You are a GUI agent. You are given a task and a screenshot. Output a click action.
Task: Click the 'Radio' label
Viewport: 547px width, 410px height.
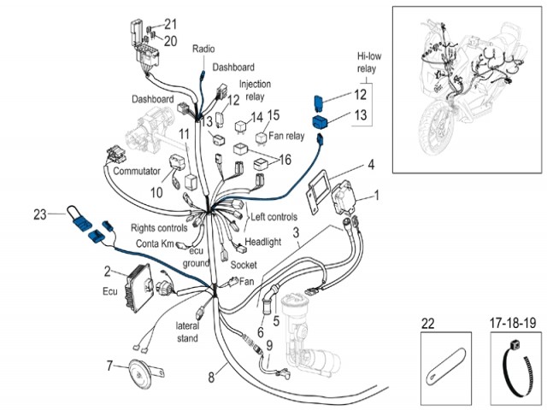204,50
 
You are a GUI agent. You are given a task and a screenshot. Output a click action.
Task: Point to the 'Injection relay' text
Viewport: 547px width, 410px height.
254,90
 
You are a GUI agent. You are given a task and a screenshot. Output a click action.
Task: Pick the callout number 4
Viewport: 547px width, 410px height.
371,164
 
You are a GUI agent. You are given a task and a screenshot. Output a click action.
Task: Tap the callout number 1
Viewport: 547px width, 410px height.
378,195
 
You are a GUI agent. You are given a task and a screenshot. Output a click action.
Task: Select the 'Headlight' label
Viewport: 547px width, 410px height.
263,242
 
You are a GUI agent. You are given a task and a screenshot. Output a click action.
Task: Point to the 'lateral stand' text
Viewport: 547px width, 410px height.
187,332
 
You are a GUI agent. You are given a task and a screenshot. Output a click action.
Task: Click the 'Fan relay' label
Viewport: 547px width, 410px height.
286,135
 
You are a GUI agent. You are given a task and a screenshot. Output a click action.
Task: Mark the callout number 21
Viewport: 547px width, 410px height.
171,23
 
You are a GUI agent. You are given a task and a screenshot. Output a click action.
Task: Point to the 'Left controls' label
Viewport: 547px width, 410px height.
272,216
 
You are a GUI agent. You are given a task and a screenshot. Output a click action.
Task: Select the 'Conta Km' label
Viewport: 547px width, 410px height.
155,243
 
